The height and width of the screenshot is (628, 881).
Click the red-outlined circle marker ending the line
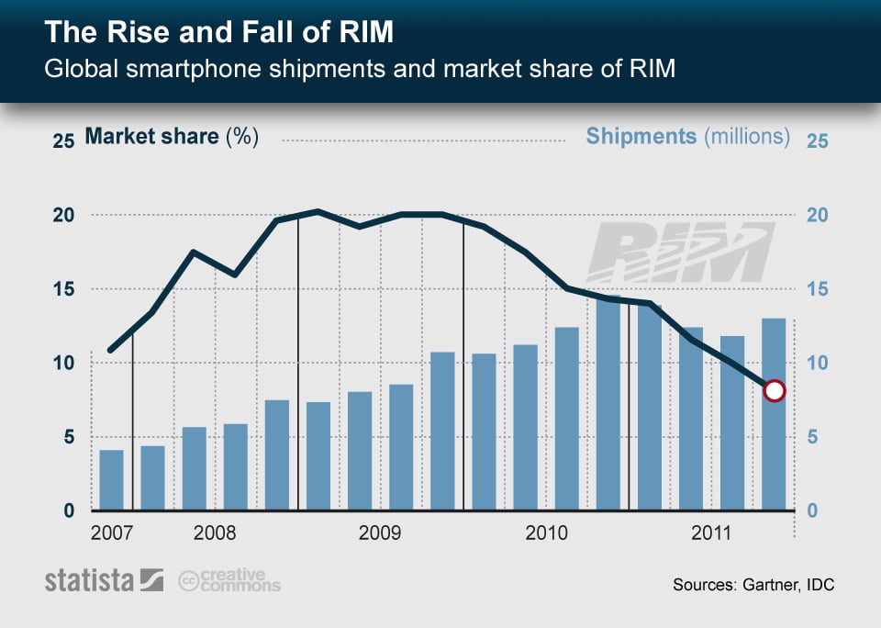pos(774,391)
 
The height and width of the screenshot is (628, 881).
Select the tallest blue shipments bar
pos(608,404)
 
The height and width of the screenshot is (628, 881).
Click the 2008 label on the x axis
pos(215,533)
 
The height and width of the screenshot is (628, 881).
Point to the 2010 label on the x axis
pos(546,533)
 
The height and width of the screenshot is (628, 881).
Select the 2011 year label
pos(711,533)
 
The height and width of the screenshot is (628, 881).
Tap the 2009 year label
pos(380,533)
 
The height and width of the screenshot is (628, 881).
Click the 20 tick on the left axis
pos(62,215)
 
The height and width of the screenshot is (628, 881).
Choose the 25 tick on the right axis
pos(817,140)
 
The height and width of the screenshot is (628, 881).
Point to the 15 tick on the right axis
pos(817,289)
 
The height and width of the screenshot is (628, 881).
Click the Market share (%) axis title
pos(172,137)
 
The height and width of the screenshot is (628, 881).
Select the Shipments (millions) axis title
pos(687,137)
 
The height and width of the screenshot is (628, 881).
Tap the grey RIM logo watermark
pos(681,253)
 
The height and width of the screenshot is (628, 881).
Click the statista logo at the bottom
pos(104,580)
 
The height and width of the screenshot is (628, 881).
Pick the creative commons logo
pos(229,580)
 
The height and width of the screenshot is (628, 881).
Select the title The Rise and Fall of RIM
pos(219,33)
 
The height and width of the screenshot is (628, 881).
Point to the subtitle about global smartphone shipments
pos(360,69)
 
